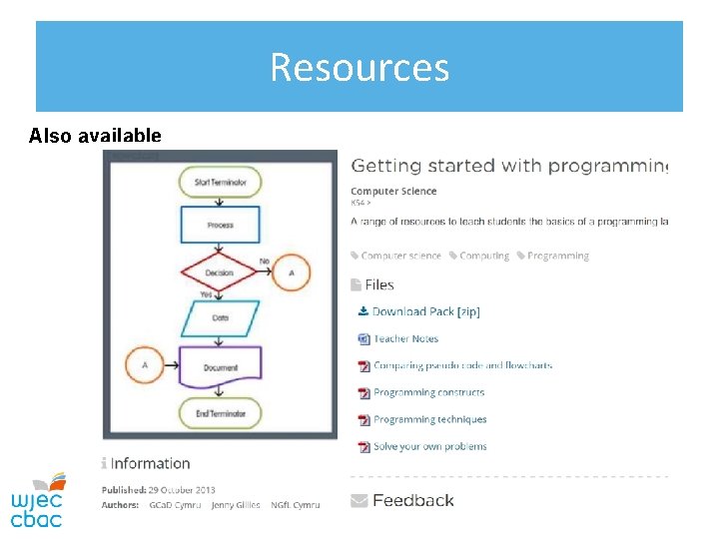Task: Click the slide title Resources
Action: click(359, 68)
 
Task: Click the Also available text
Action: click(95, 136)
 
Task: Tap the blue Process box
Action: click(221, 225)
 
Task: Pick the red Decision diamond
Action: click(220, 272)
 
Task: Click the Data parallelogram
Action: click(221, 318)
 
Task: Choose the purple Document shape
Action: click(221, 366)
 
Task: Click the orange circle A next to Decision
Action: click(292, 272)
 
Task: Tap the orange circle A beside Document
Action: click(145, 365)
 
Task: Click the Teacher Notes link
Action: click(405, 338)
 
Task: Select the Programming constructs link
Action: click(428, 392)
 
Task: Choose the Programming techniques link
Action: click(429, 419)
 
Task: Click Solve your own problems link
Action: click(429, 446)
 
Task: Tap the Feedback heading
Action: click(412, 500)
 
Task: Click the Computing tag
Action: click(484, 256)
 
